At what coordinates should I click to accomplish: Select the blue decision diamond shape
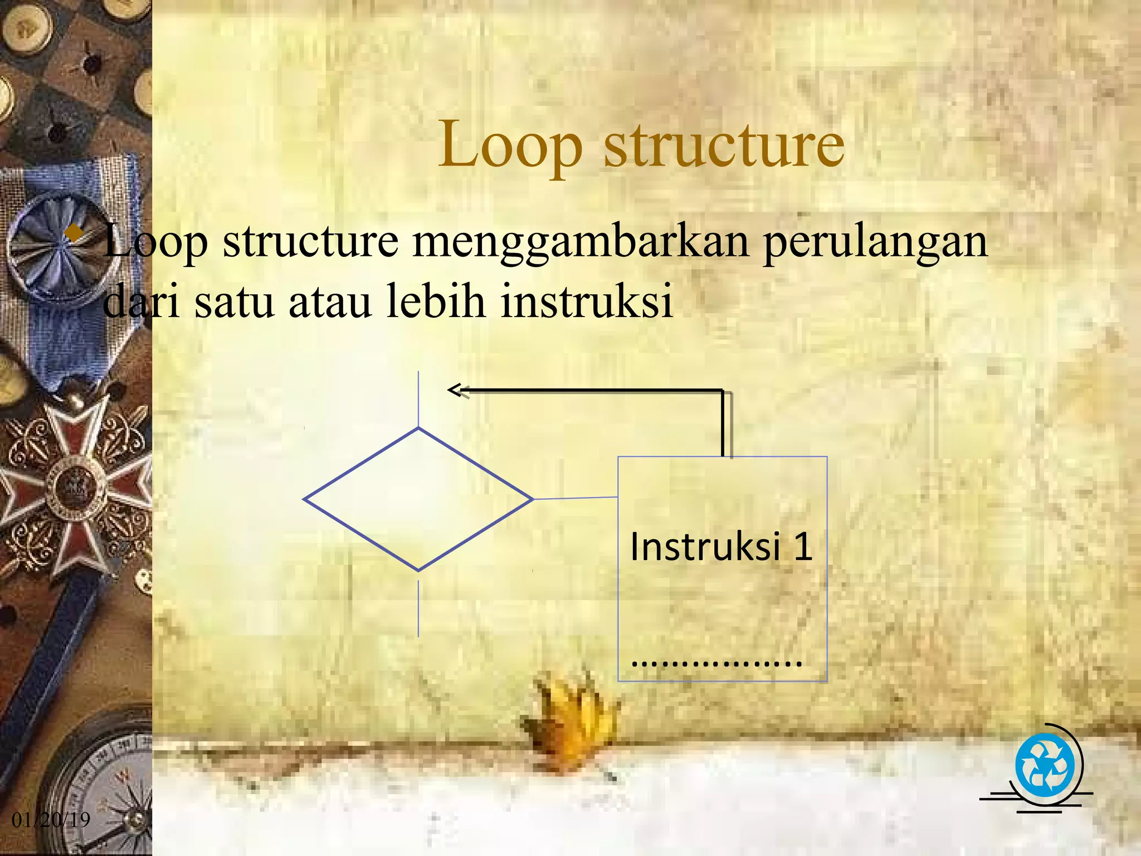point(418,499)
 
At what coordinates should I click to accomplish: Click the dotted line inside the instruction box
point(717,663)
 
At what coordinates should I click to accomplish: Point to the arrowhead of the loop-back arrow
point(454,390)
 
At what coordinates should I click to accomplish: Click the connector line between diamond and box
point(576,498)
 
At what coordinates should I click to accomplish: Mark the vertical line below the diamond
point(418,609)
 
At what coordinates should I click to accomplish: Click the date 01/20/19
point(51,819)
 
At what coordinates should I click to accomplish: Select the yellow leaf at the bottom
point(571,719)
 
